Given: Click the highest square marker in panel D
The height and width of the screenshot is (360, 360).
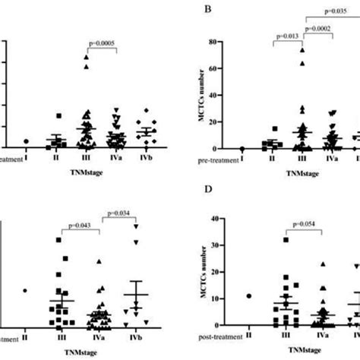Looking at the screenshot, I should pos(286,240).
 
